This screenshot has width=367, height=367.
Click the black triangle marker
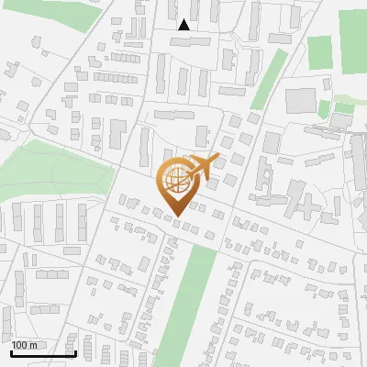point(184,25)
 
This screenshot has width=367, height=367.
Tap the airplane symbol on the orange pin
point(204,165)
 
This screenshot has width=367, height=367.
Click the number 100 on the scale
point(19,345)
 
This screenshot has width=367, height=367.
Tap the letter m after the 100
point(32,345)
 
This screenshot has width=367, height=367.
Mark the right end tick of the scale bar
point(74,352)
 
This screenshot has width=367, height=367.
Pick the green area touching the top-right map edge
point(352,37)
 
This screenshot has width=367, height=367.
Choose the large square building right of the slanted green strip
point(299,100)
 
